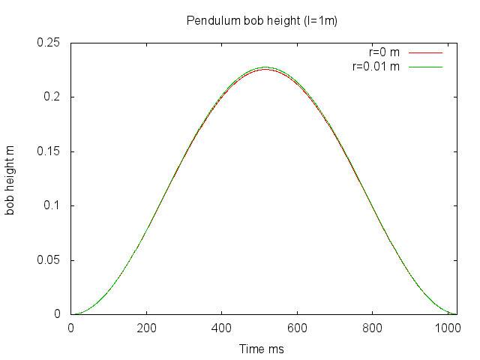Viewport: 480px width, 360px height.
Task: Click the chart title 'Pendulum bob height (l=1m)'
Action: pyautogui.click(x=262, y=20)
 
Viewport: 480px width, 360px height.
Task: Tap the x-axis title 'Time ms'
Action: pyautogui.click(x=262, y=349)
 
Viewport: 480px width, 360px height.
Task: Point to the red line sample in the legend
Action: pyautogui.click(x=424, y=52)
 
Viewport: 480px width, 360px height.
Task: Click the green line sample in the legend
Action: pyautogui.click(x=424, y=67)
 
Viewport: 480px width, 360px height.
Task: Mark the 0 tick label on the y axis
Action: pyautogui.click(x=58, y=314)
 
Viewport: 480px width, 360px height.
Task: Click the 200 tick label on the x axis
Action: pyautogui.click(x=147, y=328)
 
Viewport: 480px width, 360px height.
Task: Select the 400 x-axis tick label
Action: pyautogui.click(x=222, y=328)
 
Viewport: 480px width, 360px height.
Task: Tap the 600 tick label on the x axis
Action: pyautogui.click(x=297, y=328)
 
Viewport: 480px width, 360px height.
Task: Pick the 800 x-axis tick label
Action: pyautogui.click(x=373, y=328)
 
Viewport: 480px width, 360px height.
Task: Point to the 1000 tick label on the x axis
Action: pyautogui.click(x=448, y=328)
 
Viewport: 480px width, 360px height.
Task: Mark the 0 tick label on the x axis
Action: pyautogui.click(x=71, y=328)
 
